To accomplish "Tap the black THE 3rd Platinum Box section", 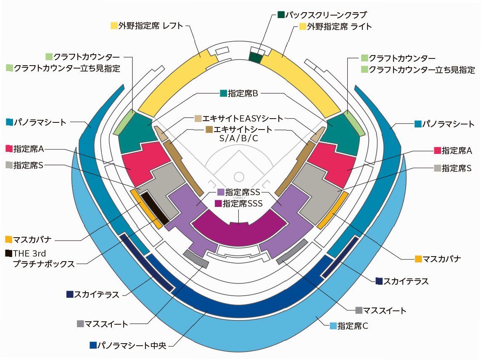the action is [x=154, y=207].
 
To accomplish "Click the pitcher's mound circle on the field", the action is [x=239, y=176].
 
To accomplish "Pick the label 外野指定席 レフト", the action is [x=151, y=26].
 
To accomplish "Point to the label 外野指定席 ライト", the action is [x=339, y=26].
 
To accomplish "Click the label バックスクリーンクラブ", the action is [x=326, y=15].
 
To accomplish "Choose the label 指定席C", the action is [x=353, y=326].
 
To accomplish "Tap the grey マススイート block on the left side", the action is [x=196, y=259].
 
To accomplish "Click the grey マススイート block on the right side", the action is [x=292, y=251].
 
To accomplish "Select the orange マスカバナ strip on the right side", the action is [x=332, y=210].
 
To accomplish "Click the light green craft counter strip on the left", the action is [x=124, y=122].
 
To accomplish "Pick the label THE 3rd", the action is [x=29, y=253].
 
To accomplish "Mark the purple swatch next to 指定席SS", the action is [x=220, y=192].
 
